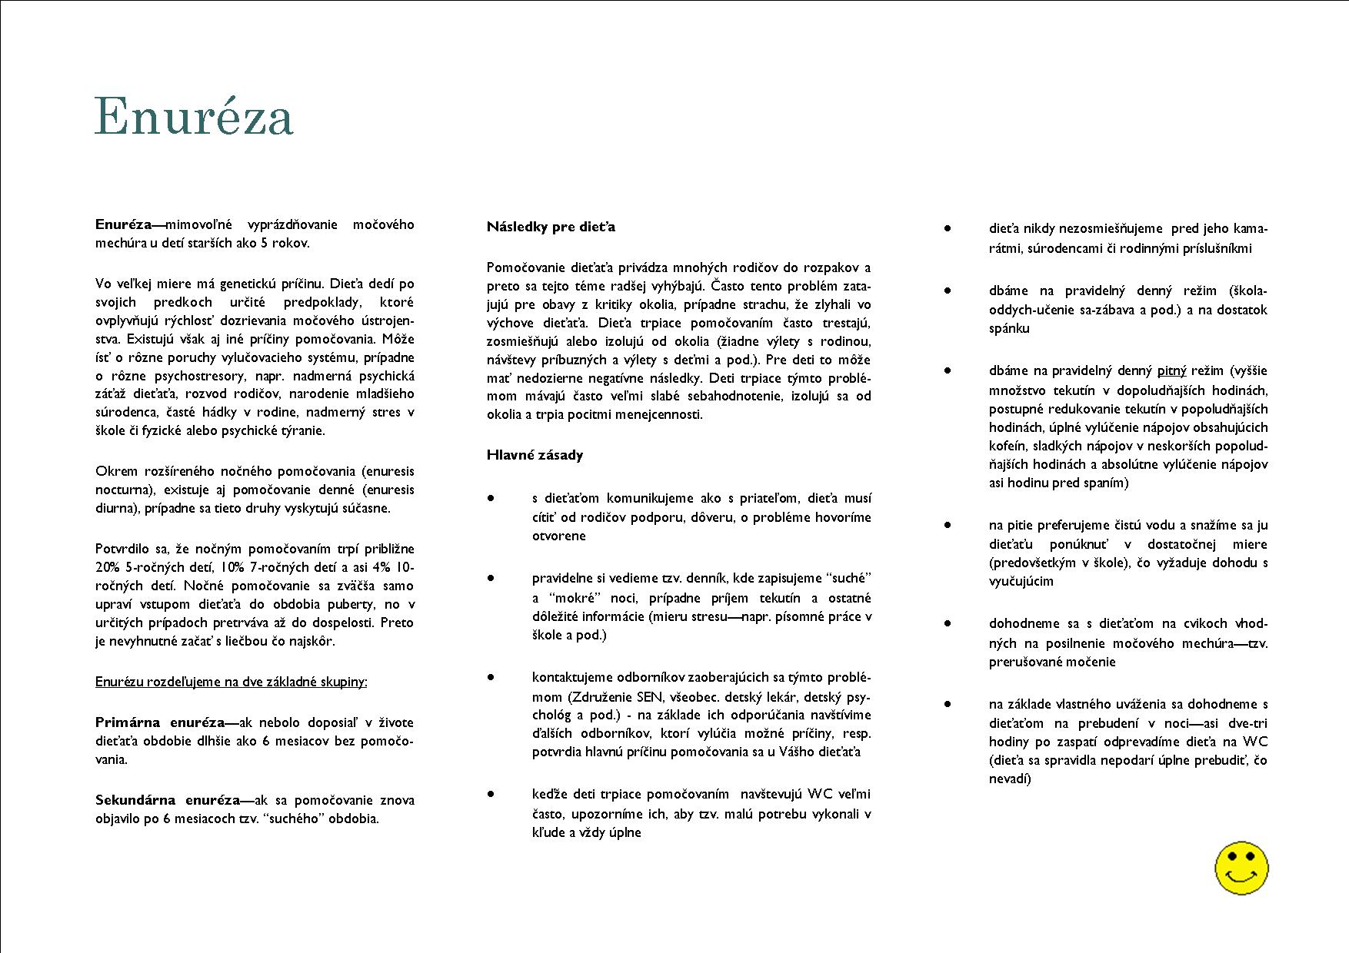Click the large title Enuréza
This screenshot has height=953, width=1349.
pyautogui.click(x=194, y=117)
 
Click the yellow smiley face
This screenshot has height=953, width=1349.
pyautogui.click(x=1241, y=868)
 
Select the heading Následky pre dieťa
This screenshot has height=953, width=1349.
pyautogui.click(x=551, y=227)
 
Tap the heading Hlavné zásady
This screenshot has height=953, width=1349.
pyautogui.click(x=535, y=455)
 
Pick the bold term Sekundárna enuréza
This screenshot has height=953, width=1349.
pyautogui.click(x=168, y=800)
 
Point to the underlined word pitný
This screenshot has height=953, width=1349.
pyautogui.click(x=1171, y=371)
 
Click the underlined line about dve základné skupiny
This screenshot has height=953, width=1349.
pyautogui.click(x=231, y=682)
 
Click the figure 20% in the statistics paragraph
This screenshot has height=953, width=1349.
pyautogui.click(x=108, y=567)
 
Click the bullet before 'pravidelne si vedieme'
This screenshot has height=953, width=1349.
pyautogui.click(x=491, y=578)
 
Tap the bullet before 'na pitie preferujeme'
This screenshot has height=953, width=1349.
pyautogui.click(x=948, y=525)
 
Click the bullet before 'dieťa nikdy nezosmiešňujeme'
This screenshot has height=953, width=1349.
pyautogui.click(x=948, y=228)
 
